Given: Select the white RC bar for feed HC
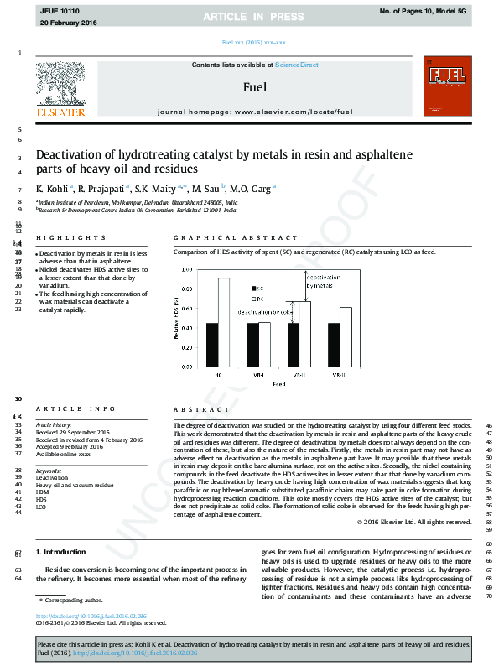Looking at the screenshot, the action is pyautogui.click(x=223, y=322).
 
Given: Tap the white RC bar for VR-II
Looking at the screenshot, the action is pyautogui.click(x=305, y=334).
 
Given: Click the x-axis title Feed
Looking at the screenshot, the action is pyautogui.click(x=278, y=383).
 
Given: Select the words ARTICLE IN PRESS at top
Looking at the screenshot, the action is pyautogui.click(x=249, y=17).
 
